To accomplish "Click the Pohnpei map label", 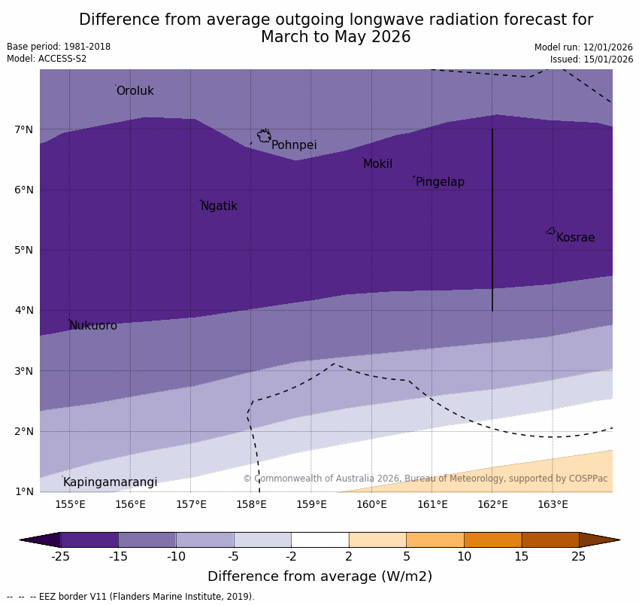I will click(x=294, y=145).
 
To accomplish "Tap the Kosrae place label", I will click(x=575, y=238).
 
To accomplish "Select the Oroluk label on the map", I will click(x=135, y=91).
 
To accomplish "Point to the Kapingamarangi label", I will click(x=110, y=482).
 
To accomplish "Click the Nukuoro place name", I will click(x=93, y=326).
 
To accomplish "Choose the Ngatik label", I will click(x=219, y=206).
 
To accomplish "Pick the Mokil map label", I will click(x=377, y=164).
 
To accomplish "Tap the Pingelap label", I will click(x=440, y=182).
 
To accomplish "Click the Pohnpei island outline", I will click(x=264, y=136).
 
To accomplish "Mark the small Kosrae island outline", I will click(x=551, y=231).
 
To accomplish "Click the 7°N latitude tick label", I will click(x=24, y=129).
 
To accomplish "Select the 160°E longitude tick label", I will click(x=371, y=504).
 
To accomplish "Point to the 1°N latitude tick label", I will click(x=24, y=491).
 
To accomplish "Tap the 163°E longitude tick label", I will click(x=553, y=504).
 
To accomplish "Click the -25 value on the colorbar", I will click(x=60, y=557).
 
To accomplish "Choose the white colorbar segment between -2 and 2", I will click(x=319, y=540).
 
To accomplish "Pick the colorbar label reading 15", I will click(x=522, y=557).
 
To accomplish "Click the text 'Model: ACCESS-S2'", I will click(x=47, y=59).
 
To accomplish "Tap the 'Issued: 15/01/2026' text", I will click(x=591, y=59).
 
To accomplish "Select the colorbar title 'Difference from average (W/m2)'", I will click(x=319, y=577).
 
